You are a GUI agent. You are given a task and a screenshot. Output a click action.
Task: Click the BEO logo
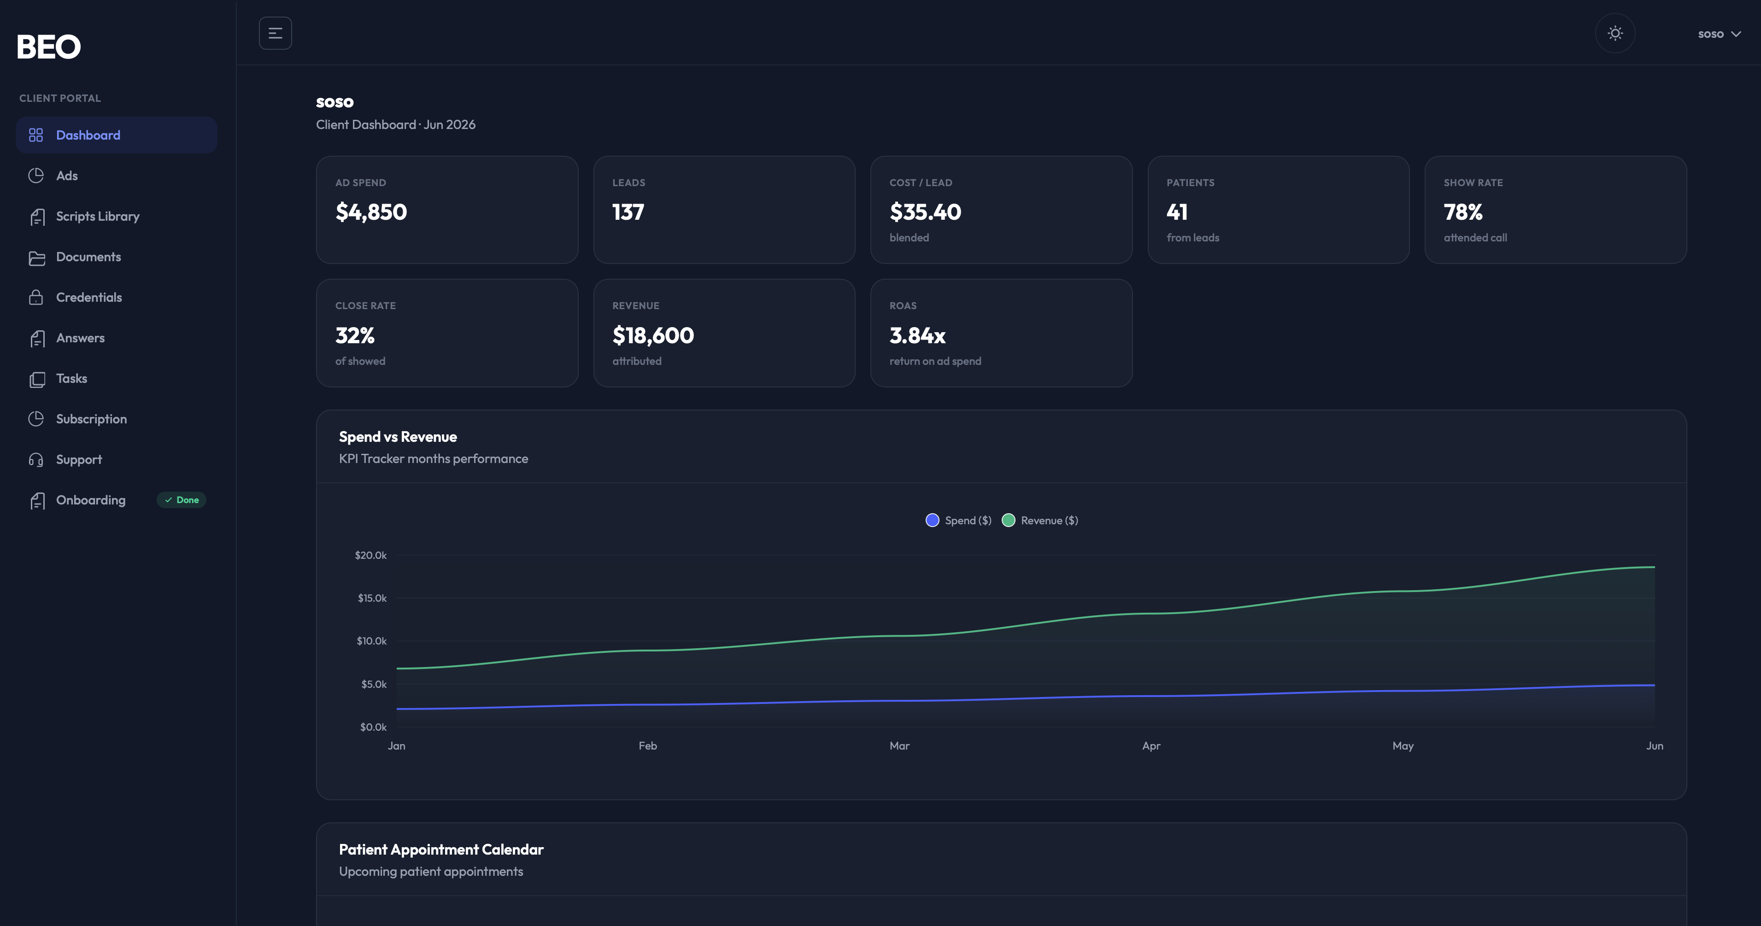click(x=48, y=47)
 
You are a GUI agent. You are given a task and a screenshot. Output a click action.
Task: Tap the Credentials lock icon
click(x=36, y=297)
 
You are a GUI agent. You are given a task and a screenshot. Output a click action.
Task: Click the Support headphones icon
click(x=36, y=460)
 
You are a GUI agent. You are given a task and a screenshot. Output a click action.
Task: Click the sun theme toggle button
click(x=1614, y=34)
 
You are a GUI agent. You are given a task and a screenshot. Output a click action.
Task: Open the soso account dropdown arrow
click(x=1736, y=34)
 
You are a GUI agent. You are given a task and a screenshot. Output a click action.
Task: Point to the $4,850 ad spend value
click(x=371, y=212)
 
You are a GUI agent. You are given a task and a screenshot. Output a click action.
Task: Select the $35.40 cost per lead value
click(x=925, y=212)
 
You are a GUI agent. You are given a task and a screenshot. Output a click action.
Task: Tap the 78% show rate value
click(x=1463, y=212)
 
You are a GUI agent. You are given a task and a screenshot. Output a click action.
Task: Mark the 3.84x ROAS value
click(x=917, y=335)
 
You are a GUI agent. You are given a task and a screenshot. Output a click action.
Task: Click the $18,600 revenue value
click(x=653, y=335)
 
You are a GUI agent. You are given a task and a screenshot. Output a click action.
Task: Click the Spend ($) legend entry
click(x=958, y=521)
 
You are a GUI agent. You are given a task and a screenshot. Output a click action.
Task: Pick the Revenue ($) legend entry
click(x=1040, y=521)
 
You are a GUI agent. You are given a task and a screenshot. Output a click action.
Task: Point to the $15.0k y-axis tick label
click(x=372, y=598)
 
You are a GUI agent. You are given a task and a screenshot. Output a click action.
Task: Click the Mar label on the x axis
click(x=900, y=745)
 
